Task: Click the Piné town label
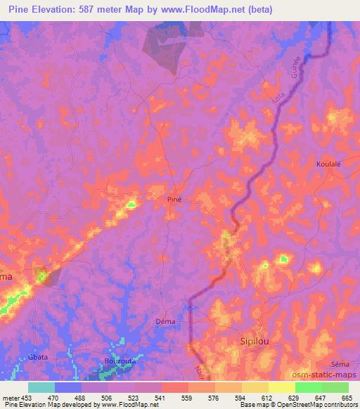click(x=175, y=200)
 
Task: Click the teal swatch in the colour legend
click(x=41, y=387)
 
